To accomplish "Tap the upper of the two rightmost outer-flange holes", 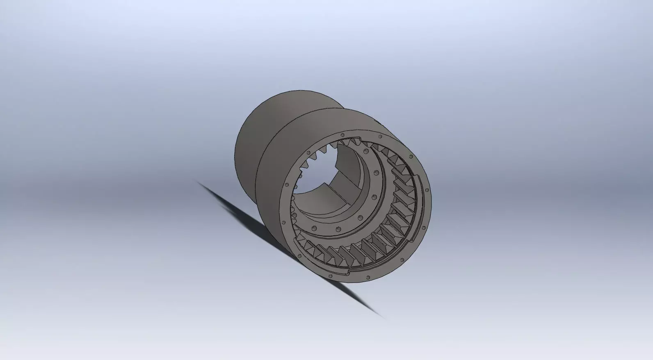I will click(427, 190).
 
